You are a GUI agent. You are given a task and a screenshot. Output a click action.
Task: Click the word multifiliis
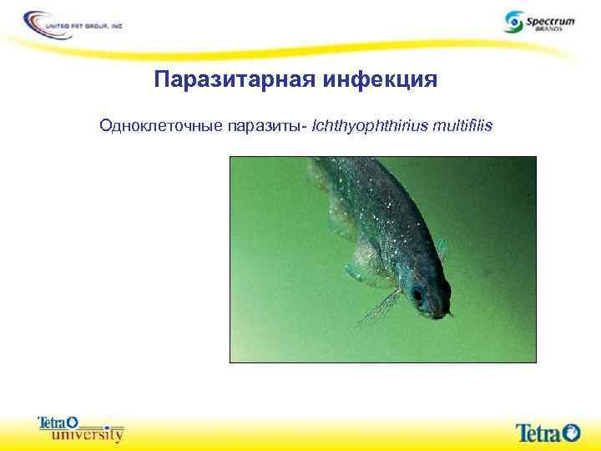[x=464, y=126]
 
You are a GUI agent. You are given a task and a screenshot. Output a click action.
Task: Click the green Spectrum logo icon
[x=514, y=20]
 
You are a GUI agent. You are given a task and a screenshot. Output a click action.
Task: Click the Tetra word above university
[x=51, y=423]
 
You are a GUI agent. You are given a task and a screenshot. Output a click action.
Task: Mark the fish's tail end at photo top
[x=321, y=167]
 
